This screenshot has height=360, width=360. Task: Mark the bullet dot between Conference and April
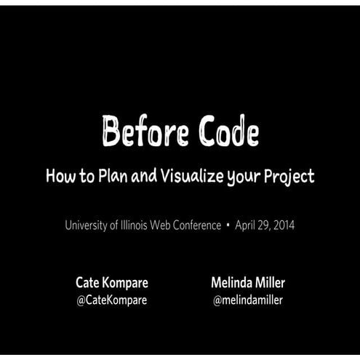228,226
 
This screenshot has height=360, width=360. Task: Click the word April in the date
247,225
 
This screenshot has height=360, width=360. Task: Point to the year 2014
283,225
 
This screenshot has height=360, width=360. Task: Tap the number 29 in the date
265,225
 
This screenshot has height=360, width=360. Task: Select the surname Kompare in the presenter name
124,282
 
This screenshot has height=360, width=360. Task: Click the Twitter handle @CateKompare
111,300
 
